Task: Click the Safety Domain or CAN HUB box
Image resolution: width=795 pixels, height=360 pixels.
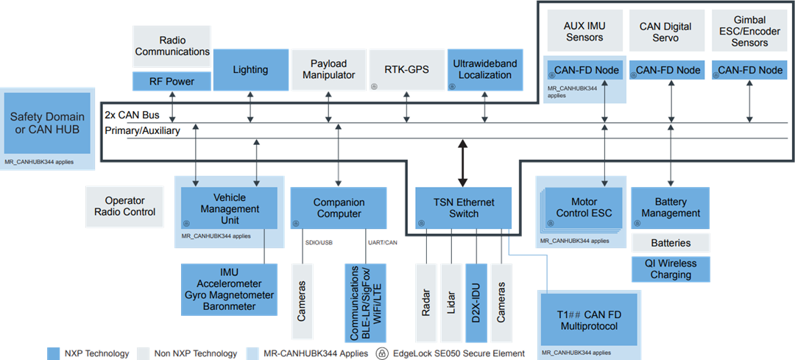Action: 47,123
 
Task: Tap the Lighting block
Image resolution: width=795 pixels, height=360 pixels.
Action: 250,70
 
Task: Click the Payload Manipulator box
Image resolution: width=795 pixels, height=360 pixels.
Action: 328,70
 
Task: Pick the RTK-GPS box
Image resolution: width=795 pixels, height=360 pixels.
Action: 406,70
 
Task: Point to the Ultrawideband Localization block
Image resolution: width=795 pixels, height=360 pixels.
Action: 484,70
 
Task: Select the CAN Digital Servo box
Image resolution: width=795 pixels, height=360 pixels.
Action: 665,31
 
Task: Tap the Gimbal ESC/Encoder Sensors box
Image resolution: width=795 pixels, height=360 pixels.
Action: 749,31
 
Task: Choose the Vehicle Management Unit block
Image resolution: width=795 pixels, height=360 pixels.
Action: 229,208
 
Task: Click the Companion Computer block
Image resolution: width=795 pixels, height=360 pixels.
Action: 339,208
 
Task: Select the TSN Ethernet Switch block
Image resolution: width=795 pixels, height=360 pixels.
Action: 463,208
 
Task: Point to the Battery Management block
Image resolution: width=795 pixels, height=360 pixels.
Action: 671,208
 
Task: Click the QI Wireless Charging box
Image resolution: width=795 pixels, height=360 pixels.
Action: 671,269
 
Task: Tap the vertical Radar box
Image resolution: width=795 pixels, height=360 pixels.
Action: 425,303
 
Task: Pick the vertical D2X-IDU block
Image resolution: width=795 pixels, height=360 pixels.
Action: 476,303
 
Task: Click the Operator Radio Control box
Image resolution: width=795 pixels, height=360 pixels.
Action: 125,206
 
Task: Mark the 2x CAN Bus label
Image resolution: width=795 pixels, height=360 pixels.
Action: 132,116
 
